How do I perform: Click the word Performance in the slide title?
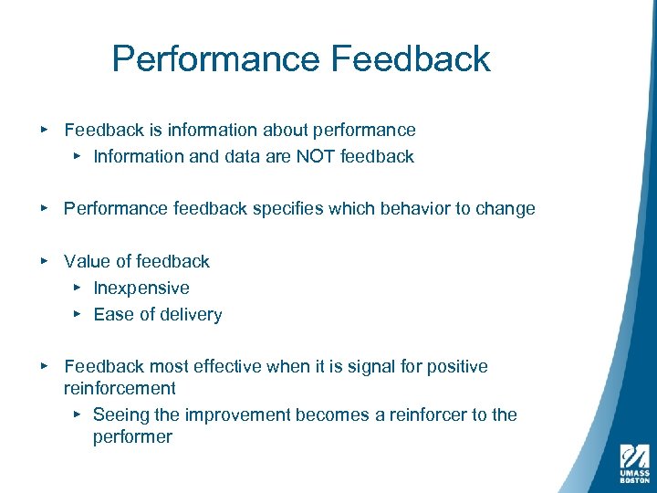pos(216,60)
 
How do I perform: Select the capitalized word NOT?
pos(315,156)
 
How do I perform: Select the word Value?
pos(85,261)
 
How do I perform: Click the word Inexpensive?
pos(141,288)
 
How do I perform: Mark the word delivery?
pos(190,315)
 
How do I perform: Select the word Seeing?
pos(121,415)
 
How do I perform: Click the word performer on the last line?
pos(132,437)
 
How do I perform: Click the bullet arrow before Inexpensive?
pos(77,288)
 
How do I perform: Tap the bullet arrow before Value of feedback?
pos(45,261)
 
